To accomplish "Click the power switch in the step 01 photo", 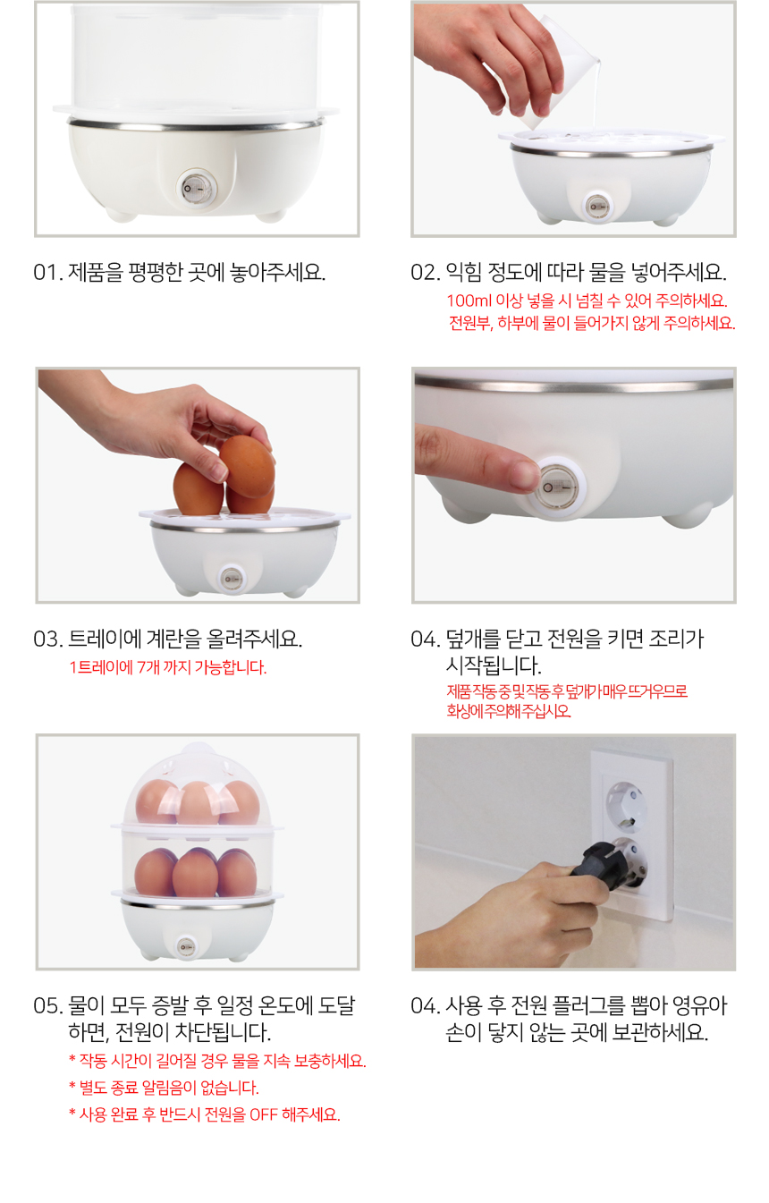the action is coord(196,189).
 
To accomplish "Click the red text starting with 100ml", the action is coord(587,301).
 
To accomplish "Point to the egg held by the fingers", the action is coord(248,466).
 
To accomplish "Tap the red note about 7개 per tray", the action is coord(168,667).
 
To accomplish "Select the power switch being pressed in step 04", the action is coord(557,487).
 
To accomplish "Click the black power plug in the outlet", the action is coord(611,865).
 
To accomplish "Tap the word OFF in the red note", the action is coord(263,1114).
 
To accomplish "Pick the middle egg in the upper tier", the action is coord(199,803).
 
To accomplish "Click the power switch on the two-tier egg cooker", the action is coord(186,946).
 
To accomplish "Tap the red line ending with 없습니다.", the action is coord(164,1088).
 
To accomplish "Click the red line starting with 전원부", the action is coord(592,323).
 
